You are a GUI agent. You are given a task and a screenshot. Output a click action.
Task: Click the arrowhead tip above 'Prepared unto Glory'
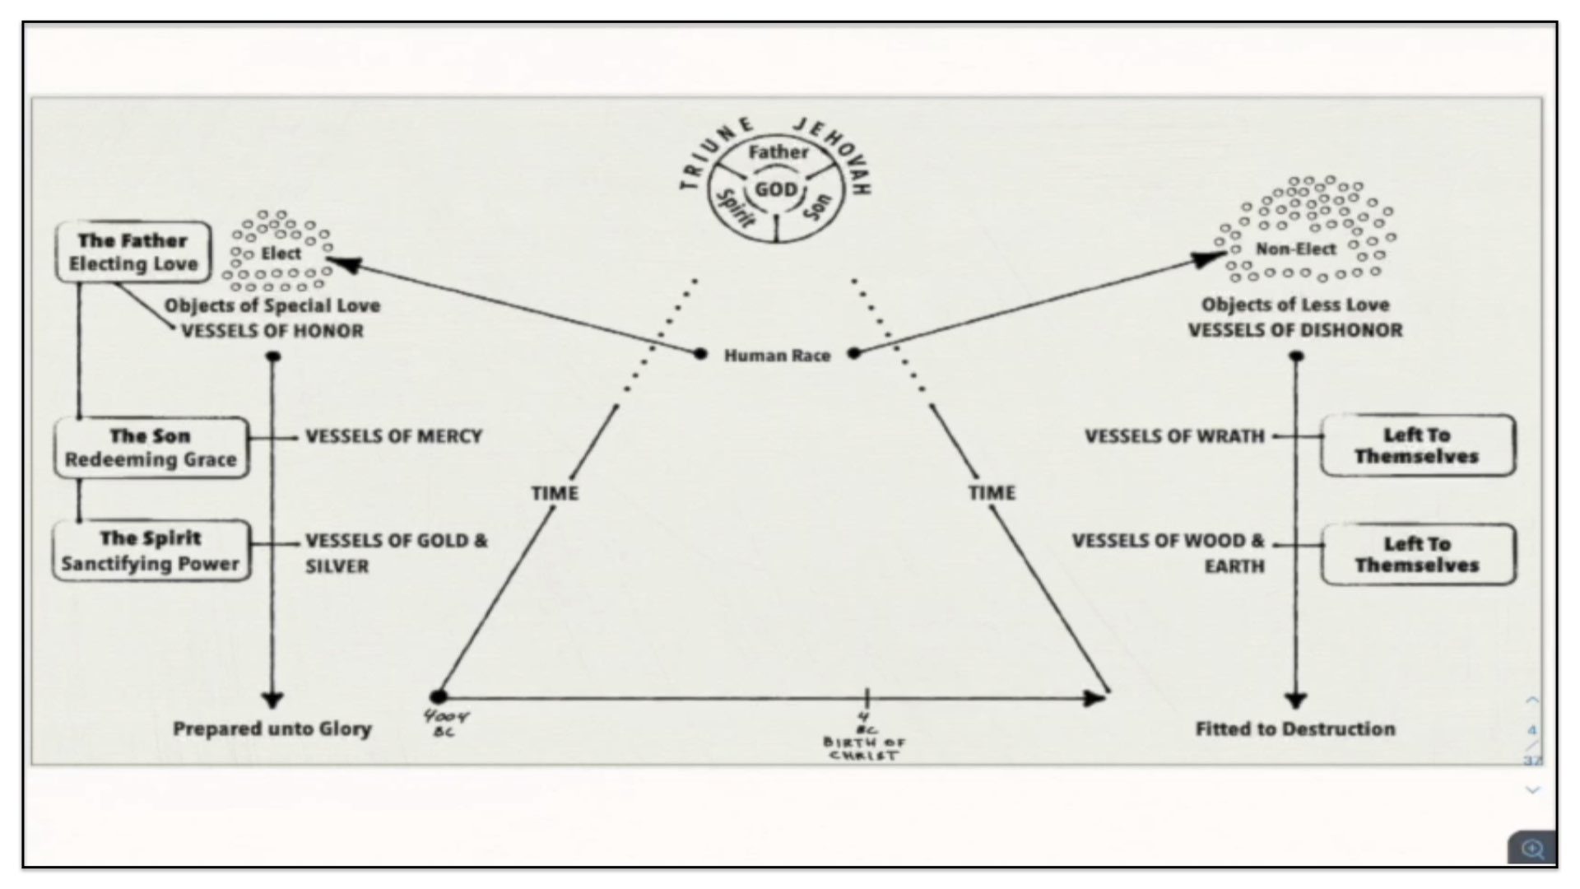coord(272,709)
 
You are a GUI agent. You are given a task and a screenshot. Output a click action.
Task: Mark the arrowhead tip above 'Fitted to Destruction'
coord(1296,709)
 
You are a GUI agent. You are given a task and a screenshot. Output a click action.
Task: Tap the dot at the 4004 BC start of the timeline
coord(439,697)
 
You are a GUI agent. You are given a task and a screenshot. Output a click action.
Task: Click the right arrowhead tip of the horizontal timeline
coord(1107,698)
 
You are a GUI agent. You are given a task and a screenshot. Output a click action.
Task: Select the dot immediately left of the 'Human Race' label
coord(700,354)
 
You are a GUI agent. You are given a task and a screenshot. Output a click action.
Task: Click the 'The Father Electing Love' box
coord(133,252)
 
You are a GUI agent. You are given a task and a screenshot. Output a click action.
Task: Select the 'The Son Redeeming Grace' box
coord(151,447)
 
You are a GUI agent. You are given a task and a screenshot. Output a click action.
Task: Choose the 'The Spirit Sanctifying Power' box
coord(151,551)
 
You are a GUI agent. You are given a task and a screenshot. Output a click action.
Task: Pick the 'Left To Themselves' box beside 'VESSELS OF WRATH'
coord(1417,445)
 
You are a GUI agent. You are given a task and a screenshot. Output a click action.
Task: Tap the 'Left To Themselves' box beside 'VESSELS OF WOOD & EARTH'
coord(1417,554)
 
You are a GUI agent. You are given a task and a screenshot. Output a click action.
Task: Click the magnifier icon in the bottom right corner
coord(1532,849)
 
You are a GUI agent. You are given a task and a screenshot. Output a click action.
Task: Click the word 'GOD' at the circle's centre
coord(776,190)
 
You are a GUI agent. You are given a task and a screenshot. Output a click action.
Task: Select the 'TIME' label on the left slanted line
coord(555,493)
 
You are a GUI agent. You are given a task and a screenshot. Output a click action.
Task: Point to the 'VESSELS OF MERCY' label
coord(393,436)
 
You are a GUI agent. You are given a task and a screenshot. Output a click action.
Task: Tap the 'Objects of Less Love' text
coord(1295,305)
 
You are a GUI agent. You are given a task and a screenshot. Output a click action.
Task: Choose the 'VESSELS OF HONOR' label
coord(272,331)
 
